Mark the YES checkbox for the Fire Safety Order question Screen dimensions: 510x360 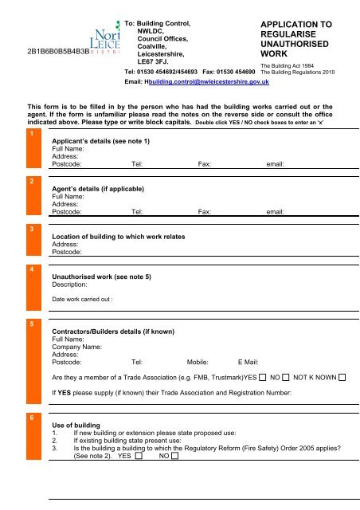click(139, 457)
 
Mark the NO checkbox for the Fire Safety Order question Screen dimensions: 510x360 click(174, 457)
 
